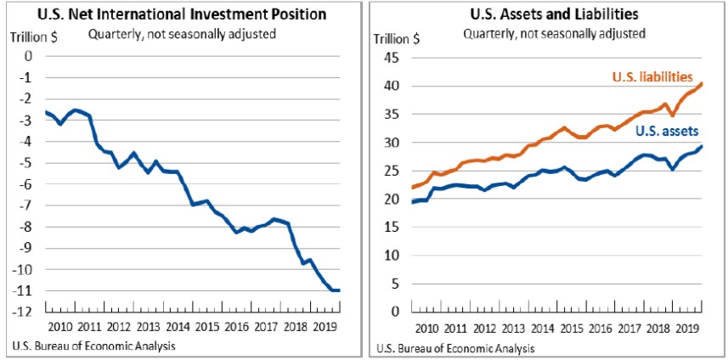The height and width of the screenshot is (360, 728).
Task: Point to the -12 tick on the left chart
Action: point(23,312)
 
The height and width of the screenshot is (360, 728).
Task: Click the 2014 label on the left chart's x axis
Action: point(177,327)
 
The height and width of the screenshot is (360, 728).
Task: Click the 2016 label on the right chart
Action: point(601,327)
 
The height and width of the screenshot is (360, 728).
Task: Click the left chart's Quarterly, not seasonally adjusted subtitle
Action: point(170,34)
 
